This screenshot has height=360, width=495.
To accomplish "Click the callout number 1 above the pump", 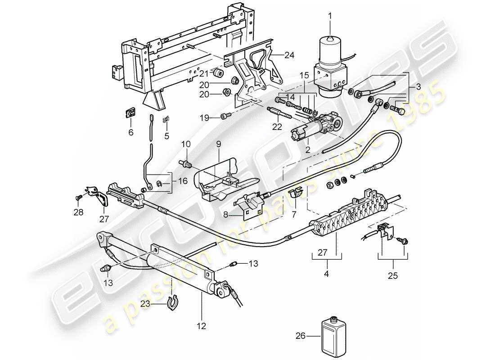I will (x=331, y=17).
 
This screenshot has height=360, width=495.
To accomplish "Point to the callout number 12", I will (x=201, y=326).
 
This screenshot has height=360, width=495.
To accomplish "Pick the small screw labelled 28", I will (x=77, y=197).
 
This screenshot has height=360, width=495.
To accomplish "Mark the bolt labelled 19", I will (x=225, y=117).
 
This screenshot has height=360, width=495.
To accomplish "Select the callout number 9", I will (x=218, y=145).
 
